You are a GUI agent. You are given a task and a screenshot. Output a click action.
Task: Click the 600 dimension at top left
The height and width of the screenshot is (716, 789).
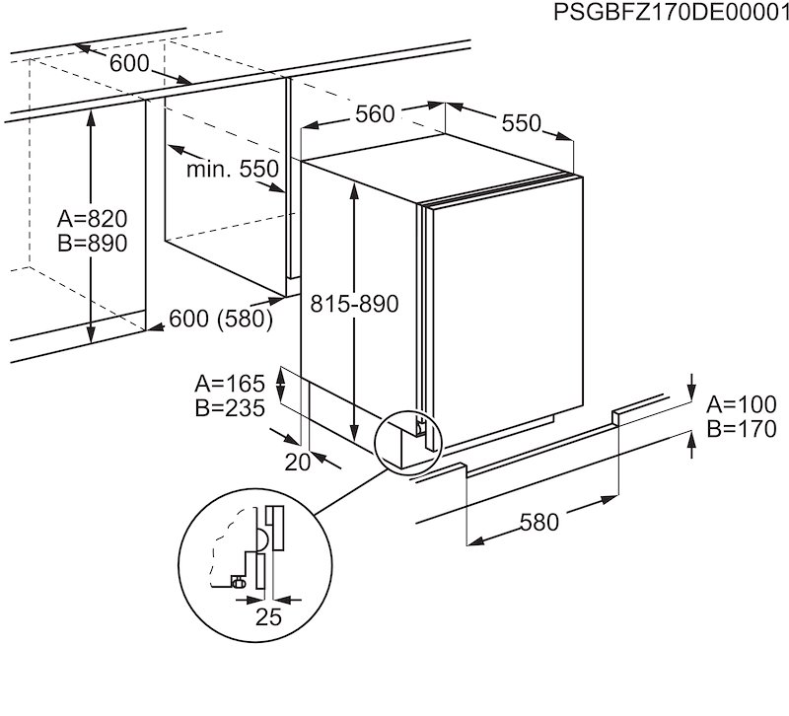coord(128,63)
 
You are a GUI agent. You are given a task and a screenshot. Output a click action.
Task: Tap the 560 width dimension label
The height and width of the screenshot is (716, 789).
coord(375,114)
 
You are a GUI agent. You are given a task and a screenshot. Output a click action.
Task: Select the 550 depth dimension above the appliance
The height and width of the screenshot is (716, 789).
coord(521,123)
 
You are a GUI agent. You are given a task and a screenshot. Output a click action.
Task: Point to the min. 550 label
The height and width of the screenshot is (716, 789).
coord(233,170)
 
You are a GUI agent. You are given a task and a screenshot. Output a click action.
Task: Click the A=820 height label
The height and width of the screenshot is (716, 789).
coord(92,219)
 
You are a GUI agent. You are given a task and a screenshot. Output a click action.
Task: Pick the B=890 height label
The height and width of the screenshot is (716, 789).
coord(92,244)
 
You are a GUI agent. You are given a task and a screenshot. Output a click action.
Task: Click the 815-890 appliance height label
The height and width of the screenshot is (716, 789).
coord(352,305)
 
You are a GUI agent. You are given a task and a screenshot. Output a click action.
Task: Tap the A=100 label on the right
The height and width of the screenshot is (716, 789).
coord(742,404)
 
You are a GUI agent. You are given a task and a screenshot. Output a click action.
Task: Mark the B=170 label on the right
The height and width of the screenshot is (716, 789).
coord(742,429)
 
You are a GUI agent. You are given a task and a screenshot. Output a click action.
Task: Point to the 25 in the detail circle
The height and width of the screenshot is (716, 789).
coord(269,618)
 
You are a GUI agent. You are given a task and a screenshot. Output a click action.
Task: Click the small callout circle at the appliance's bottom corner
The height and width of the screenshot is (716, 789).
coord(408,440)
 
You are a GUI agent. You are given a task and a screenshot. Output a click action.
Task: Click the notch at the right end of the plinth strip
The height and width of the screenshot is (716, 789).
coord(616,416)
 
